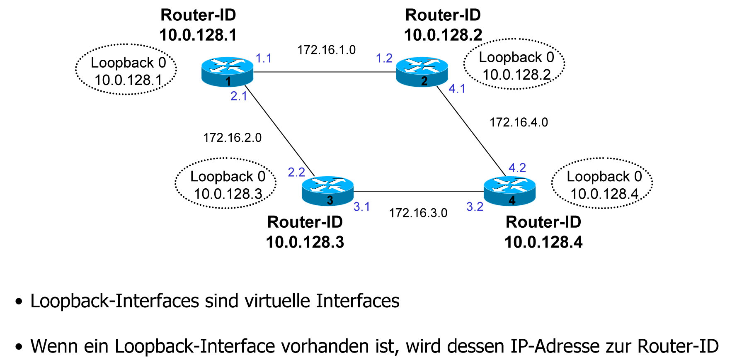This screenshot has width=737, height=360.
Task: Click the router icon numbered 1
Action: click(x=227, y=72)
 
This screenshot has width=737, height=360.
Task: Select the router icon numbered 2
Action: click(x=422, y=72)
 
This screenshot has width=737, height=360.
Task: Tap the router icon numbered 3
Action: click(x=327, y=191)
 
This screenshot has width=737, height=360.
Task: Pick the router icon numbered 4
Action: click(x=509, y=191)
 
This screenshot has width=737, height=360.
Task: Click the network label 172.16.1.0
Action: click(x=326, y=50)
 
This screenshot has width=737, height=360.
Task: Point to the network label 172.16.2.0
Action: click(x=232, y=138)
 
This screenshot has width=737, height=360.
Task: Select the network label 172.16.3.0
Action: click(x=418, y=213)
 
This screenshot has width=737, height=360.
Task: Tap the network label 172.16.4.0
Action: click(x=519, y=122)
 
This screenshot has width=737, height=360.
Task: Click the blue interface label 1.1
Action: click(x=264, y=58)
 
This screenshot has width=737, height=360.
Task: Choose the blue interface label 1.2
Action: click(x=384, y=58)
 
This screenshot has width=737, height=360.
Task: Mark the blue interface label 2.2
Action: click(x=296, y=172)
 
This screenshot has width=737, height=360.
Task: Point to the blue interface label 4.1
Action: click(x=457, y=89)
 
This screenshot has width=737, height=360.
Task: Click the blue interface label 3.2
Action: click(x=475, y=207)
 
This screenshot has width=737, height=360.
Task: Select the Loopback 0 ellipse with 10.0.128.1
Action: click(x=126, y=70)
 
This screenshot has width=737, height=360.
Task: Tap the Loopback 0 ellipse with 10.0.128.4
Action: click(x=602, y=183)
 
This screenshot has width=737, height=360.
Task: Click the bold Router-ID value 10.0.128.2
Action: click(x=443, y=35)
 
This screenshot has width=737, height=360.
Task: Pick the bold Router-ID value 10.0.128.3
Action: click(x=305, y=242)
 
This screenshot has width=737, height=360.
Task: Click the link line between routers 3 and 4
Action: click(x=419, y=191)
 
